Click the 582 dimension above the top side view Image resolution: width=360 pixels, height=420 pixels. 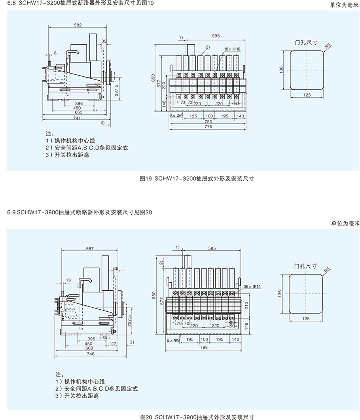(78, 25)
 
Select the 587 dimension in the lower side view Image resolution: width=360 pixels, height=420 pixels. (90, 249)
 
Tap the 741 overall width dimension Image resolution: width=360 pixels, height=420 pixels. (77, 118)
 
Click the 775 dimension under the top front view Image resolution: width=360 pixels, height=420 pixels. (208, 127)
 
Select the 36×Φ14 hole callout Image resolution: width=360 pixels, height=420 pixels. (250, 286)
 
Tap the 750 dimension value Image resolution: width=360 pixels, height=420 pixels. (208, 122)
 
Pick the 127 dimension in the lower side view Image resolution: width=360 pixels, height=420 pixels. (112, 344)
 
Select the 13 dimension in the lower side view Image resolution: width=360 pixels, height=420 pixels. (68, 280)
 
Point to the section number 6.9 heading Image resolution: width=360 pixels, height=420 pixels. (11, 212)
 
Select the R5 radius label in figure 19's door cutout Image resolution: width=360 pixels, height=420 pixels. (327, 47)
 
